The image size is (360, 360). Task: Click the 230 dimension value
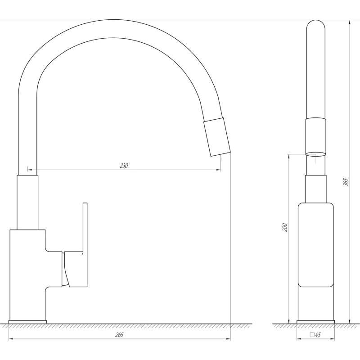coord(124,166)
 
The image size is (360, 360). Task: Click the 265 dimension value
coord(119,335)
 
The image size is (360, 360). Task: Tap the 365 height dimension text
coord(346,182)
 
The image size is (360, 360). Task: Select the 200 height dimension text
coord(285,227)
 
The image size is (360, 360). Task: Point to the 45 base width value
coord(318,335)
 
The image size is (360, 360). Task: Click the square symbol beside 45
coord(312,334)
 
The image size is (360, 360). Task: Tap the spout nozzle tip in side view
coord(217,137)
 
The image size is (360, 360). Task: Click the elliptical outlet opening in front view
coord(315,154)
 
